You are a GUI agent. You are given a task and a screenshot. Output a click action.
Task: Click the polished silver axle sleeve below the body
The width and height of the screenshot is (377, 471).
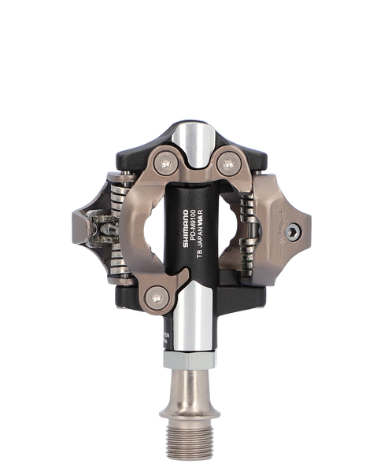189,326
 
